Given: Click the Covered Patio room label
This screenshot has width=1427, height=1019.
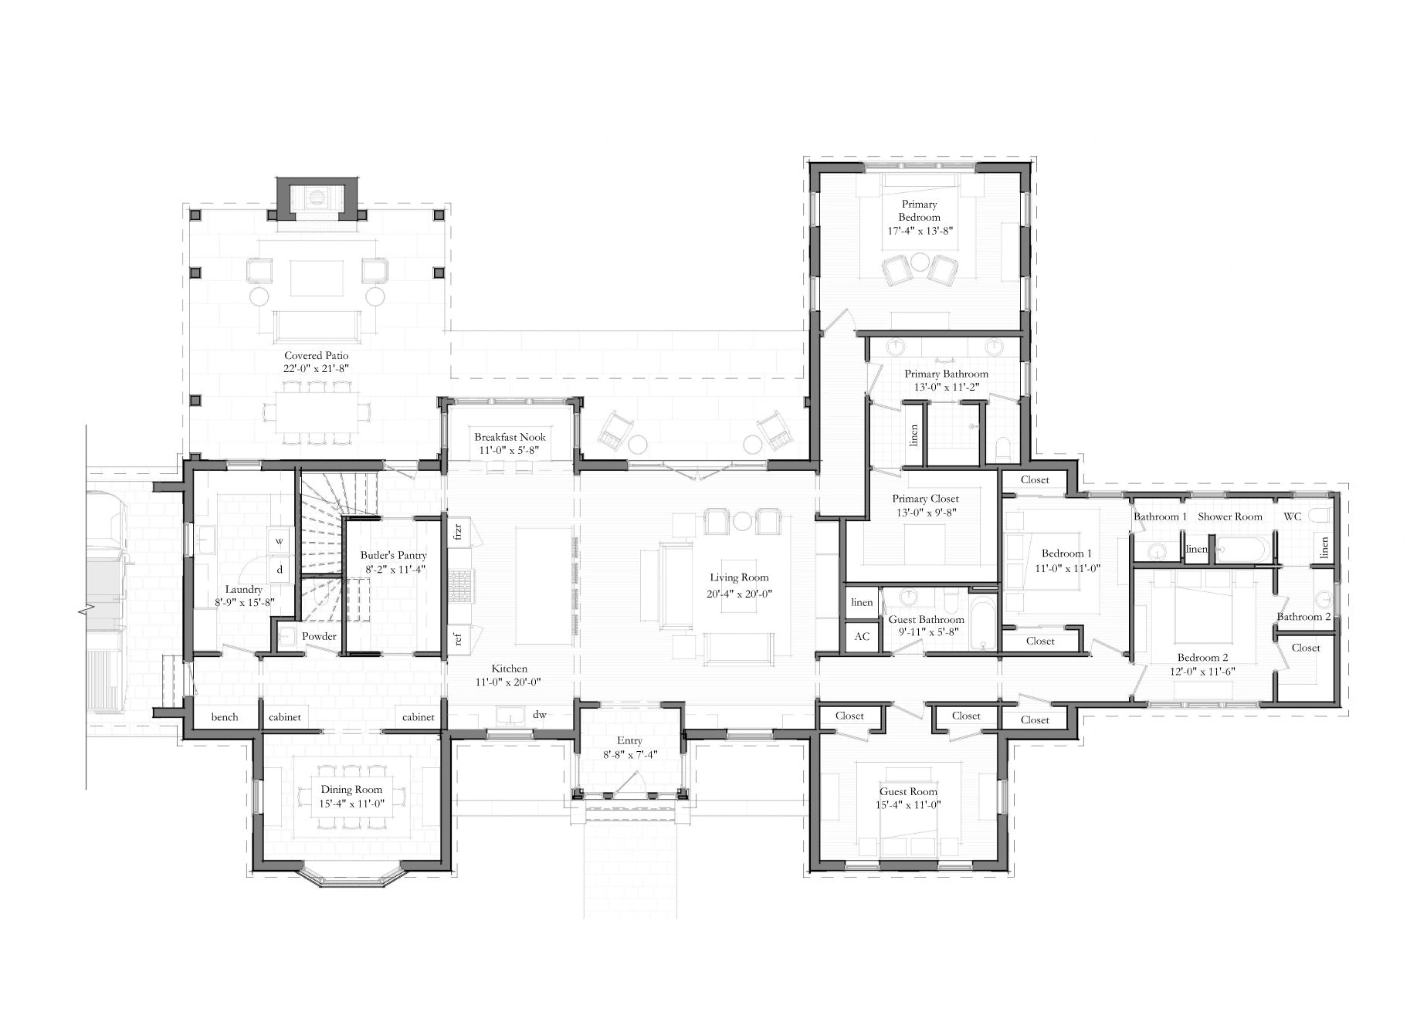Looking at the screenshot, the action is click(316, 356).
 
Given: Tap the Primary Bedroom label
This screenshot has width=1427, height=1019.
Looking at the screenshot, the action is click(919, 211).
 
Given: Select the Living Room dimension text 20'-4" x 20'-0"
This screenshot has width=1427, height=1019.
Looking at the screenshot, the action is click(741, 594).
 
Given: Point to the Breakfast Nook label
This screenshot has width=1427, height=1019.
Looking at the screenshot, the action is click(510, 437).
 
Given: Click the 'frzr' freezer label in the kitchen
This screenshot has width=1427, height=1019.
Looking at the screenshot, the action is click(458, 531).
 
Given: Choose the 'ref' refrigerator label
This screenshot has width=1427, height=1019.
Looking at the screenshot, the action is click(458, 638).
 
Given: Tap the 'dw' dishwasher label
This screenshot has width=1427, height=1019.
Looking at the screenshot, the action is click(540, 714).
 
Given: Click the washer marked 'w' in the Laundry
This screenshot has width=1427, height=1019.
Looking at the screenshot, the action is click(280, 541).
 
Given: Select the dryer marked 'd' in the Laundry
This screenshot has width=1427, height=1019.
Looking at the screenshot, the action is click(280, 570).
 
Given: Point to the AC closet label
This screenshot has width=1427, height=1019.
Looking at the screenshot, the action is click(862, 636).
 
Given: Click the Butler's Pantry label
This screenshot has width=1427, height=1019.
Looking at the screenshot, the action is click(393, 556).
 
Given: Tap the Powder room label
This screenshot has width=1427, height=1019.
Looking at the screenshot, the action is click(319, 636).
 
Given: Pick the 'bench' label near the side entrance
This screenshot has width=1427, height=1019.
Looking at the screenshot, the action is click(225, 717).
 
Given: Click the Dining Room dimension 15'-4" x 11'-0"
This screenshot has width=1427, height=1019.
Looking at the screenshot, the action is click(352, 804).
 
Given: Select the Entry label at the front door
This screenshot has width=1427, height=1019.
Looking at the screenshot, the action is click(630, 741).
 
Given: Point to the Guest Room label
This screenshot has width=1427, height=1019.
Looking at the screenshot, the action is click(908, 791).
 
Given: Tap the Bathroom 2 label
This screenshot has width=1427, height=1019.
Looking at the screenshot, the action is click(1303, 617).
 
